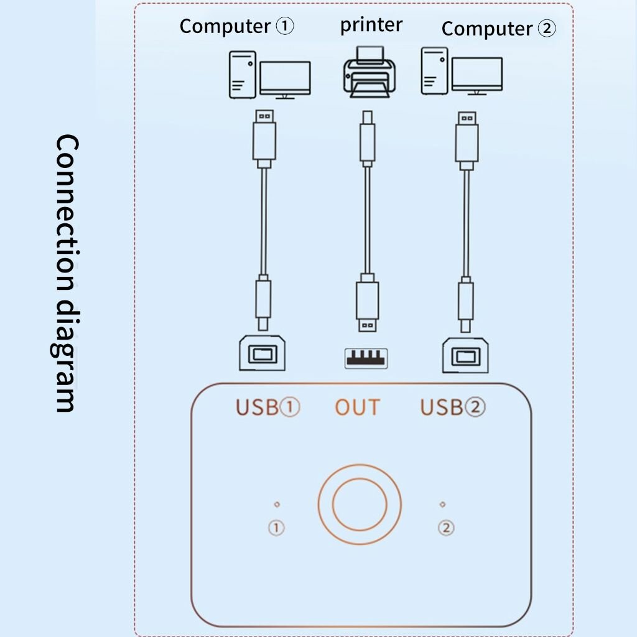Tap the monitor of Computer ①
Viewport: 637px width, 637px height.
pyautogui.click(x=285, y=80)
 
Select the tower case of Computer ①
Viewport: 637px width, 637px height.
pyautogui.click(x=242, y=75)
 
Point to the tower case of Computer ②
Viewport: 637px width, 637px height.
pyautogui.click(x=434, y=71)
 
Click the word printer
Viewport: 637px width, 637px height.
pyautogui.click(x=371, y=25)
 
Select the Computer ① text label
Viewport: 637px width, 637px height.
pyautogui.click(x=236, y=26)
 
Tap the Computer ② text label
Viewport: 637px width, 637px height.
pyautogui.click(x=498, y=29)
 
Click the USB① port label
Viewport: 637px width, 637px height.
pyautogui.click(x=267, y=407)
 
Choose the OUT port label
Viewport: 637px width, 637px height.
pyautogui.click(x=357, y=407)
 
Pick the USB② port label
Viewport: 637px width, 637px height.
pyautogui.click(x=452, y=407)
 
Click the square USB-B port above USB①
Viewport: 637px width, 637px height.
pyautogui.click(x=262, y=354)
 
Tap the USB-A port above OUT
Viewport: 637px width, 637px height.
pyautogui.click(x=366, y=358)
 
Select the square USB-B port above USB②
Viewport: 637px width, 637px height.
pyautogui.click(x=465, y=356)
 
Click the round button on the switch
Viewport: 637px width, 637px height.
pyautogui.click(x=359, y=503)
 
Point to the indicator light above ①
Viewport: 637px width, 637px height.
pyautogui.click(x=277, y=504)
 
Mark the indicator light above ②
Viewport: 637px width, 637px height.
pyautogui.click(x=442, y=504)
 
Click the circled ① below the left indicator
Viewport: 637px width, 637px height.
pyautogui.click(x=276, y=528)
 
